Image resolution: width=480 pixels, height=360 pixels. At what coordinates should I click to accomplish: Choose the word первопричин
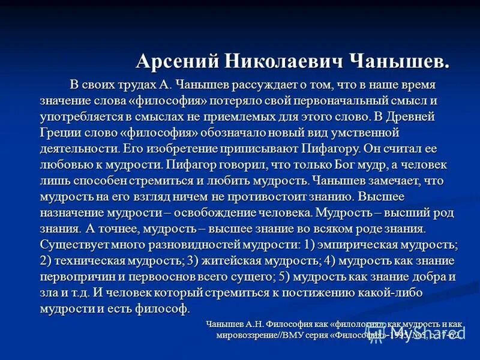[x=77, y=277]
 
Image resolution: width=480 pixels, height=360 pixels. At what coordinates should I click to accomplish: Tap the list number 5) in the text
[x=286, y=277]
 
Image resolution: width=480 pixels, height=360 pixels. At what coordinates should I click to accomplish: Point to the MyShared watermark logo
[x=429, y=332]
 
